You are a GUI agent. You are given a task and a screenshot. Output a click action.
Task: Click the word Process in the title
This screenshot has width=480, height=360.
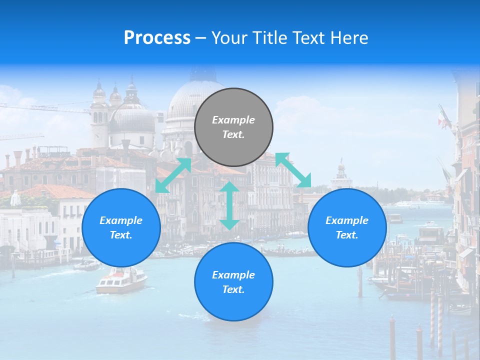point(157,38)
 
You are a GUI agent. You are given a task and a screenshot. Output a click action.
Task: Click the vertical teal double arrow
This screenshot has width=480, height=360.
point(229,205)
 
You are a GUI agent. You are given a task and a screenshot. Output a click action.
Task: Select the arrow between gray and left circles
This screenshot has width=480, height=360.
point(173,175)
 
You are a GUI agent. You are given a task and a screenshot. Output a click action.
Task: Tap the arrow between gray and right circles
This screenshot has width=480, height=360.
point(293,170)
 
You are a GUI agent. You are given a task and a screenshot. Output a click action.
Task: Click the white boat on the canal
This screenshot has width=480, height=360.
point(121,281)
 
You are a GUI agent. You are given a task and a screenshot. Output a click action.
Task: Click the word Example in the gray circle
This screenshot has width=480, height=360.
point(233,120)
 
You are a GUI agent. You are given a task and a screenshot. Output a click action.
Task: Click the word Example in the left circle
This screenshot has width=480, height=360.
point(121,220)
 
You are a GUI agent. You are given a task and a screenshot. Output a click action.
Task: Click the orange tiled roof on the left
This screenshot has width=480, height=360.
point(60,191)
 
